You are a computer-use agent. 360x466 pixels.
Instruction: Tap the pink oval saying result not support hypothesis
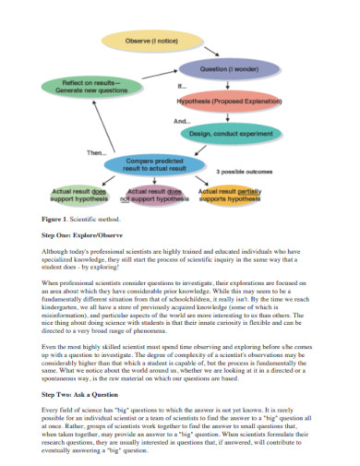(150, 195)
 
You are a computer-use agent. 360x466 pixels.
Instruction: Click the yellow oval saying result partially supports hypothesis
(230, 195)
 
